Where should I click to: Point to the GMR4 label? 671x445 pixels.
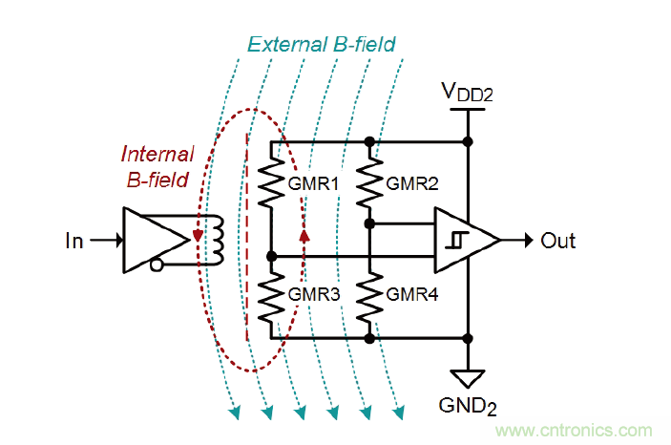413,295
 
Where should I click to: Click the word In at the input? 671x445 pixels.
73,242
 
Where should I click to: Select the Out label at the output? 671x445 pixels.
558,241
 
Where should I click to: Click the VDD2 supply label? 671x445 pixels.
468,93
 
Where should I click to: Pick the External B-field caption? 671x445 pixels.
321,44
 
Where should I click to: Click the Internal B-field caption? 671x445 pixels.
157,163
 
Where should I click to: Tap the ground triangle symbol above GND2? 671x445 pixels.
468,379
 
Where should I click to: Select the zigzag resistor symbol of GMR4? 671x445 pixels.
369,296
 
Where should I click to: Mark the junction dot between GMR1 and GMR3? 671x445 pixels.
272,256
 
